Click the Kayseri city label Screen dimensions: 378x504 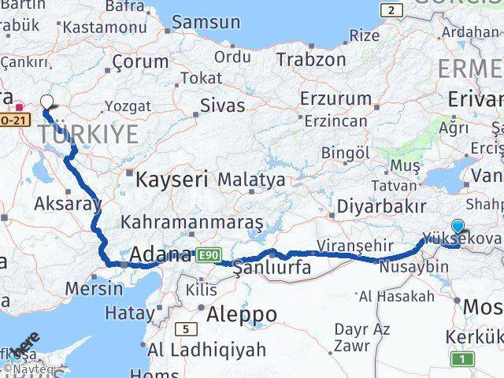[171, 179]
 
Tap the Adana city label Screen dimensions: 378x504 [159, 255]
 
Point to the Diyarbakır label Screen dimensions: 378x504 [382, 206]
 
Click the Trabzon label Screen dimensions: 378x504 [311, 58]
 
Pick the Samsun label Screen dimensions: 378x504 [206, 22]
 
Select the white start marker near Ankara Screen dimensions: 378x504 [47, 102]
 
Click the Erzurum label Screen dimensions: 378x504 [335, 98]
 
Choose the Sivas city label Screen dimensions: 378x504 [222, 106]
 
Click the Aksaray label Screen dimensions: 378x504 [68, 204]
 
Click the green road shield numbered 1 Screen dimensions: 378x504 [463, 359]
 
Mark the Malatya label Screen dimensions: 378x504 [251, 180]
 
